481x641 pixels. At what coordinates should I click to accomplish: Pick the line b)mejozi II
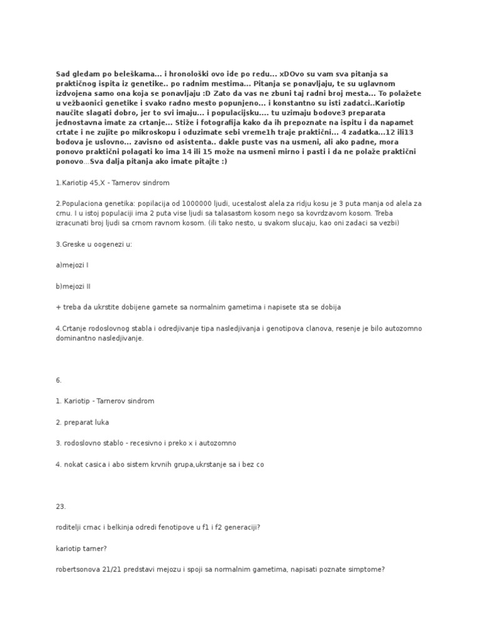[x=75, y=286]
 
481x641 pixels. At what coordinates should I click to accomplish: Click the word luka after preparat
[x=100, y=422]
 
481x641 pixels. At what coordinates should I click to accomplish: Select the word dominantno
[x=78, y=338]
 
